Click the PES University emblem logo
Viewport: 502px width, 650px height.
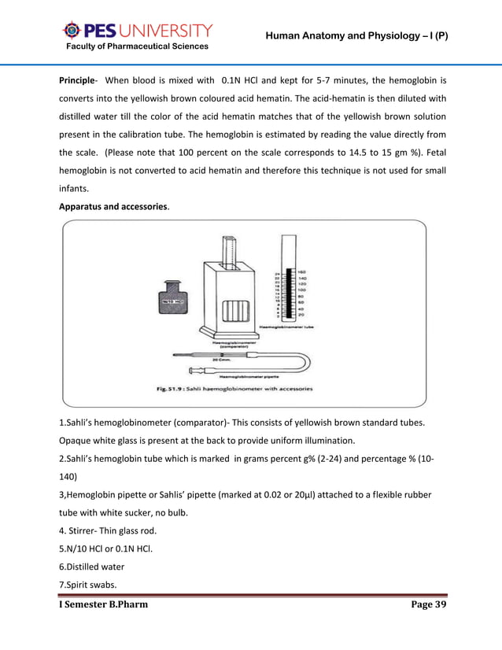click(x=71, y=31)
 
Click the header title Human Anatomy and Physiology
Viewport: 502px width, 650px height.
click(x=356, y=36)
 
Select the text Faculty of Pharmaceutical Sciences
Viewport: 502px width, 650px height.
click(x=137, y=47)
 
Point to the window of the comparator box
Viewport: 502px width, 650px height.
click(x=234, y=311)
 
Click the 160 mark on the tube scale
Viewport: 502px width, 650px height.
click(x=301, y=271)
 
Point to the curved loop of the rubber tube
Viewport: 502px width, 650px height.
click(x=302, y=363)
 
